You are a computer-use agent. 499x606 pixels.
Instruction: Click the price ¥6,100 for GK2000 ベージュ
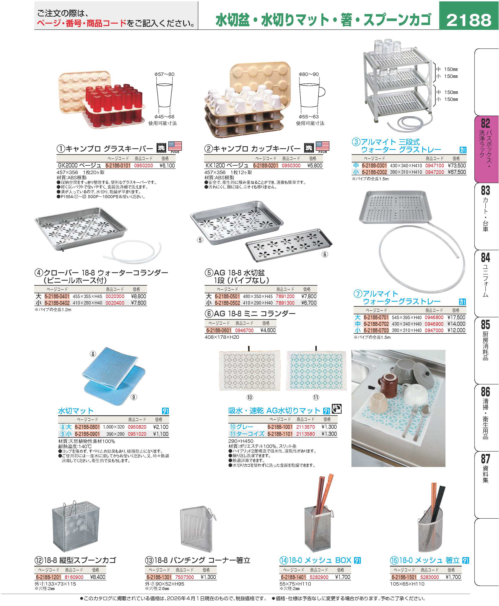167,165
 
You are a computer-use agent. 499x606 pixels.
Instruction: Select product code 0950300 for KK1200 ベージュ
291,165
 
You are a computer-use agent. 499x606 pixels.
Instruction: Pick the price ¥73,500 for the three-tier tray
457,165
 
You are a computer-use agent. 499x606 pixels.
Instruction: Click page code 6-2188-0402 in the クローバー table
57,303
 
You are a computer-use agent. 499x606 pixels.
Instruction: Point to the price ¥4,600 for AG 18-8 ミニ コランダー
268,330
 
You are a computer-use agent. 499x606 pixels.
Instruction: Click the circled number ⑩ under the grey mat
249,397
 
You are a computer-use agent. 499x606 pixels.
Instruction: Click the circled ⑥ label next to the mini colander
325,254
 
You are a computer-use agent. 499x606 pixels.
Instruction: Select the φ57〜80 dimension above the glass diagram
164,74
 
